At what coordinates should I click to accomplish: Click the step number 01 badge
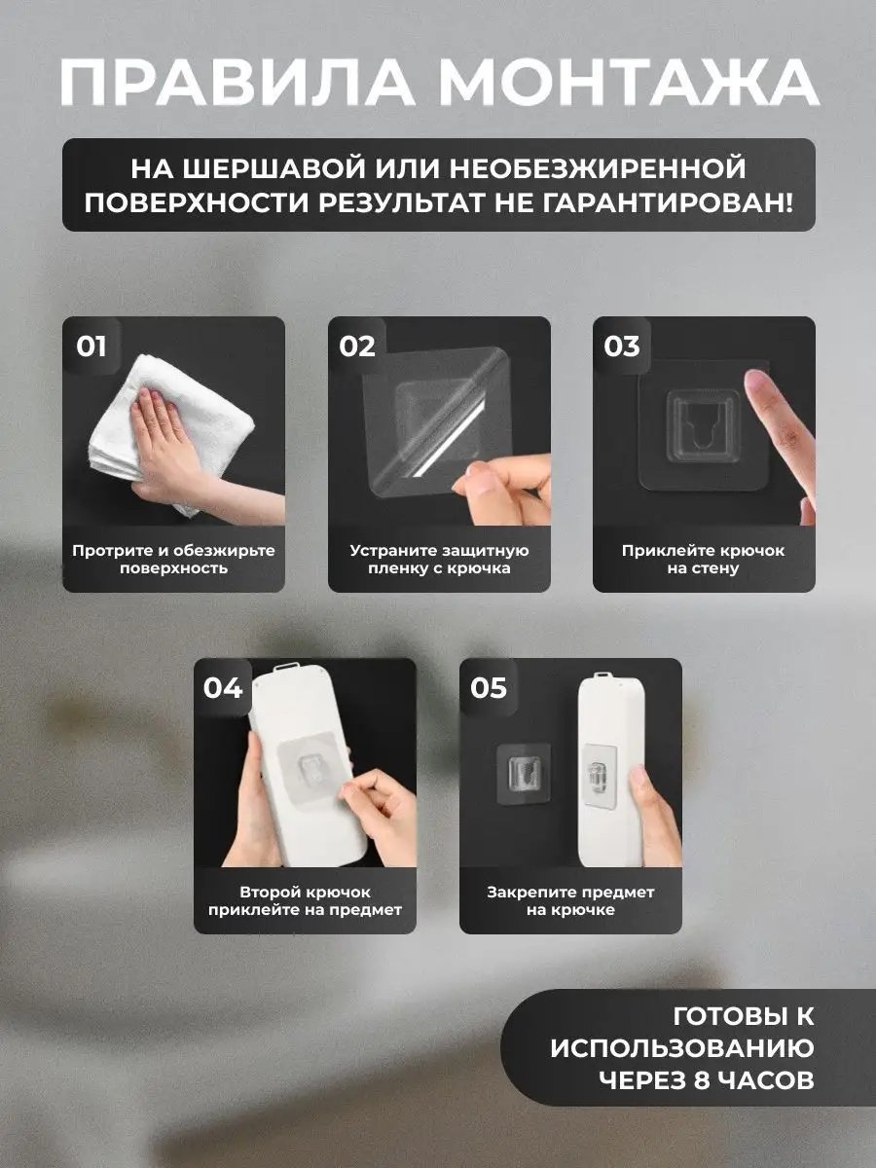point(91,347)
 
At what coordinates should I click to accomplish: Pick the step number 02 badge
point(357,347)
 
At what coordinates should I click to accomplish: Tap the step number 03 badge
point(622,347)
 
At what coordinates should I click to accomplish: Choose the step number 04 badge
point(223,688)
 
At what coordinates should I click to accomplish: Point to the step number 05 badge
point(489,688)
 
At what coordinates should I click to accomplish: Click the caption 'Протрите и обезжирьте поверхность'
point(173,559)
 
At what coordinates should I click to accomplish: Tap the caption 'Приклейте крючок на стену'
point(704,559)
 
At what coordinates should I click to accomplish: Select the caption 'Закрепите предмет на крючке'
point(570,900)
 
